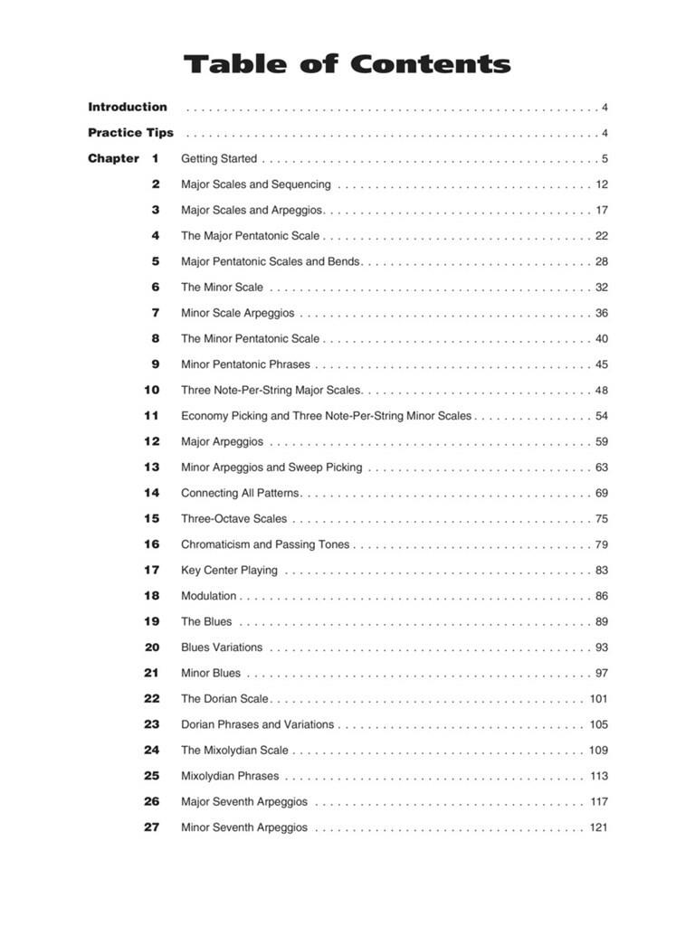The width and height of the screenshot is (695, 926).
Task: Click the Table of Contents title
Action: tap(347, 64)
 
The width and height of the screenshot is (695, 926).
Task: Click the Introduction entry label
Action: tap(128, 107)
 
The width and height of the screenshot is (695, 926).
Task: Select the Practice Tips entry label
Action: tap(130, 133)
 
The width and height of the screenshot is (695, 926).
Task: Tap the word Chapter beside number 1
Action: tap(113, 158)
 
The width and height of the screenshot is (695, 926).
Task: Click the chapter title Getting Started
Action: tap(219, 159)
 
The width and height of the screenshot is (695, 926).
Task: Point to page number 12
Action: tap(602, 184)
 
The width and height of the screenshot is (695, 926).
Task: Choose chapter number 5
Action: tap(156, 261)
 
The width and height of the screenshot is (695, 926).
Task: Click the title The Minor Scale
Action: tap(222, 288)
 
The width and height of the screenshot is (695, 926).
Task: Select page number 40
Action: tap(602, 339)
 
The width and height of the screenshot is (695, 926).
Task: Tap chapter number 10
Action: tap(151, 390)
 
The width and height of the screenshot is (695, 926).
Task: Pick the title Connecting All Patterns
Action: tap(240, 493)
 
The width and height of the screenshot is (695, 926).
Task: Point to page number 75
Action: tap(602, 519)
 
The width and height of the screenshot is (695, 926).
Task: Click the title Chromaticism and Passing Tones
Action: tap(265, 544)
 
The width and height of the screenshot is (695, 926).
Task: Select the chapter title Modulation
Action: tap(208, 596)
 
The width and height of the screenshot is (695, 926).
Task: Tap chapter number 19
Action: tap(151, 621)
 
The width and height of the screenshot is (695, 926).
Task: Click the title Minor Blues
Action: tap(211, 673)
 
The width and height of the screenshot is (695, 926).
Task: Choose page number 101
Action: tap(598, 699)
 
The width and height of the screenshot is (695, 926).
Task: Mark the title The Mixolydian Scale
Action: tap(234, 750)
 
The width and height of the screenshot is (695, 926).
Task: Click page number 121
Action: tap(598, 827)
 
